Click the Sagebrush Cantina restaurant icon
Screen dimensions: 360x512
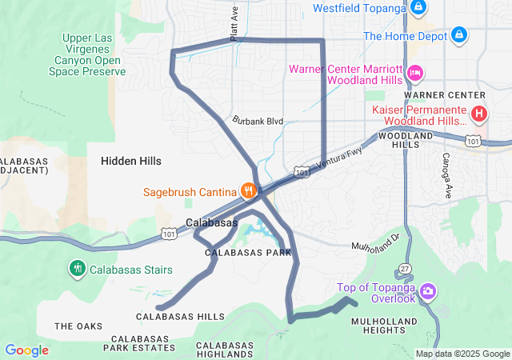[249, 191]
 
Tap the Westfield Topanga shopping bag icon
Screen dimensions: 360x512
[418, 8]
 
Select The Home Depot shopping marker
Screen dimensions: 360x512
[458, 36]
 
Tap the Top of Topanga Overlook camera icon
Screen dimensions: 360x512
[428, 290]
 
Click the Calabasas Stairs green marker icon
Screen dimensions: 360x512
[78, 268]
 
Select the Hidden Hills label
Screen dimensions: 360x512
[131, 161]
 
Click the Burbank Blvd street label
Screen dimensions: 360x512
[258, 121]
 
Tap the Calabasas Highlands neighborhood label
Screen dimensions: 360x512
[225, 350]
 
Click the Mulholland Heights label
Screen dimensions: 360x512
[384, 326]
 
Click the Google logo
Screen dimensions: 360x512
[26, 350]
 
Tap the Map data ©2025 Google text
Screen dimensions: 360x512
[462, 354]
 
